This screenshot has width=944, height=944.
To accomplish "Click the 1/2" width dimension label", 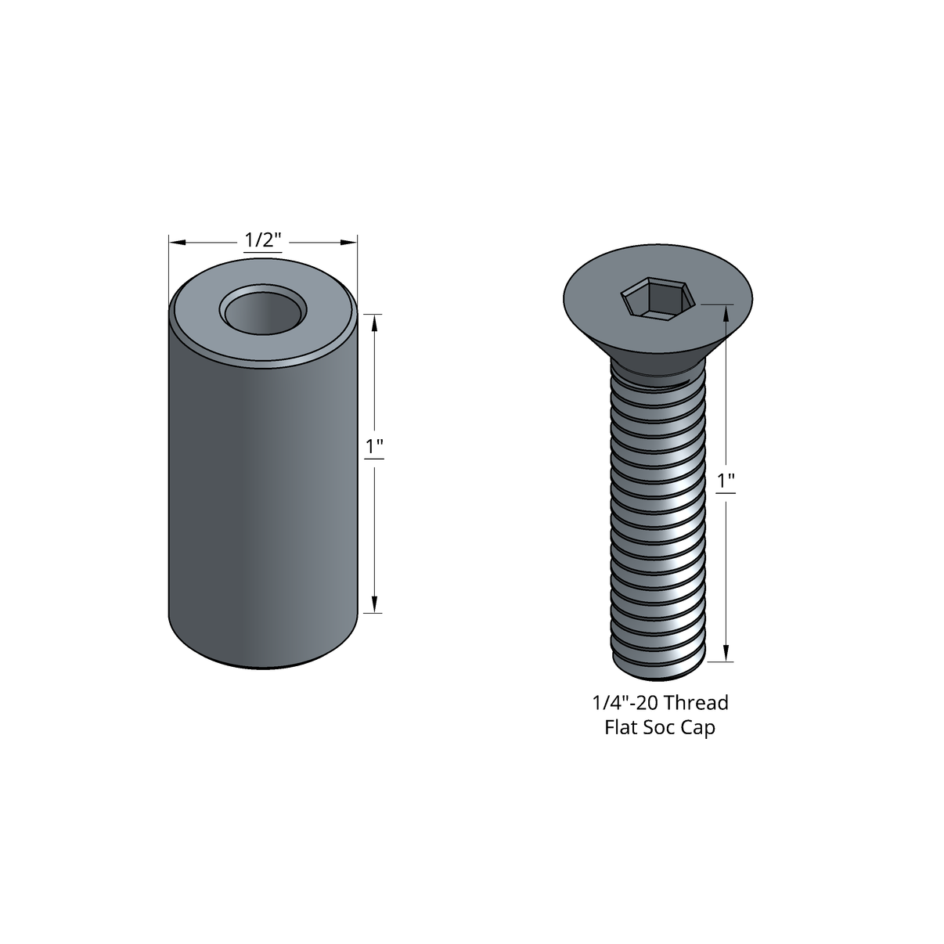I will (261, 240).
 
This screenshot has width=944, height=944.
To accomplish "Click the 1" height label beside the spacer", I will (374, 448).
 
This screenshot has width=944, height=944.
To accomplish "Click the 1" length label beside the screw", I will (726, 481).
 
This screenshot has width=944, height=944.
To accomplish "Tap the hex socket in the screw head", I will (658, 298).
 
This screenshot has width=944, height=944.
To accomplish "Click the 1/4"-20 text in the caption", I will (626, 702).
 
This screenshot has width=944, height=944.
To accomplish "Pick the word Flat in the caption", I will (622, 727).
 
